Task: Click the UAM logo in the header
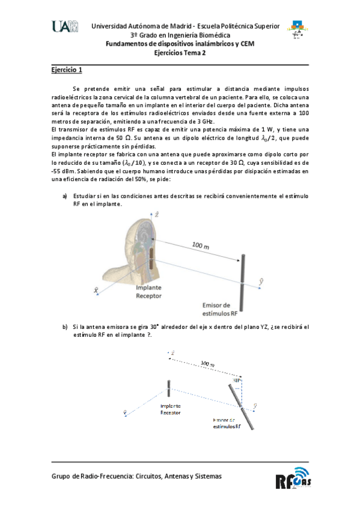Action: [66, 26]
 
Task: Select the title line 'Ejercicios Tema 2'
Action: [180, 52]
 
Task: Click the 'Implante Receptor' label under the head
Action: [148, 292]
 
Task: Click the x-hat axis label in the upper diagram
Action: [96, 290]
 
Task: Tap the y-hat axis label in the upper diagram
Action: [259, 280]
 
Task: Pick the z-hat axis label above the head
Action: [156, 214]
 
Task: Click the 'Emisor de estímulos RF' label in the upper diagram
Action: [221, 309]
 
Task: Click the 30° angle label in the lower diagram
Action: [237, 380]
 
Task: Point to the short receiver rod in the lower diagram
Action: [169, 392]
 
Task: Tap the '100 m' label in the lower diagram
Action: [208, 364]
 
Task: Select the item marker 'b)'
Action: [65, 327]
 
